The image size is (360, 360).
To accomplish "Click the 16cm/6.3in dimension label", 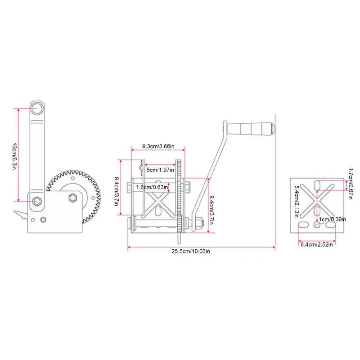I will tap(14, 155).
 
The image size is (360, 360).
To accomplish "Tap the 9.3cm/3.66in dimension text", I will tap(157, 146).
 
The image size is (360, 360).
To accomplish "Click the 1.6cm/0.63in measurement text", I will tap(152, 187).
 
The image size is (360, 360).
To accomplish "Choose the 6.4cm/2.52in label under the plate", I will tap(316, 244).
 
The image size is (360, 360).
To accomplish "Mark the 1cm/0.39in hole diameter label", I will tap(332, 219).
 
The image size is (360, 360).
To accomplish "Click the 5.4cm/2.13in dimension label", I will tap(297, 200).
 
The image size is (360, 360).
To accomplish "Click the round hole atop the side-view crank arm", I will tap(37, 108).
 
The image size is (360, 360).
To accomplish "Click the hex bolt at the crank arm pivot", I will tap(37, 201).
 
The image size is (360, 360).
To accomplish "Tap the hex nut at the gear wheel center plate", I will tap(72, 198).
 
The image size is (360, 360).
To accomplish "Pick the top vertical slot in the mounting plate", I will tap(317, 184).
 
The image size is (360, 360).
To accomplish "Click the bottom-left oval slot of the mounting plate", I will tap(304, 224).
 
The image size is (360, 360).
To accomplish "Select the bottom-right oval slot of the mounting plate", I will tap(331, 224).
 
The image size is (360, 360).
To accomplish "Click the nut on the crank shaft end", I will tap(199, 222).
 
